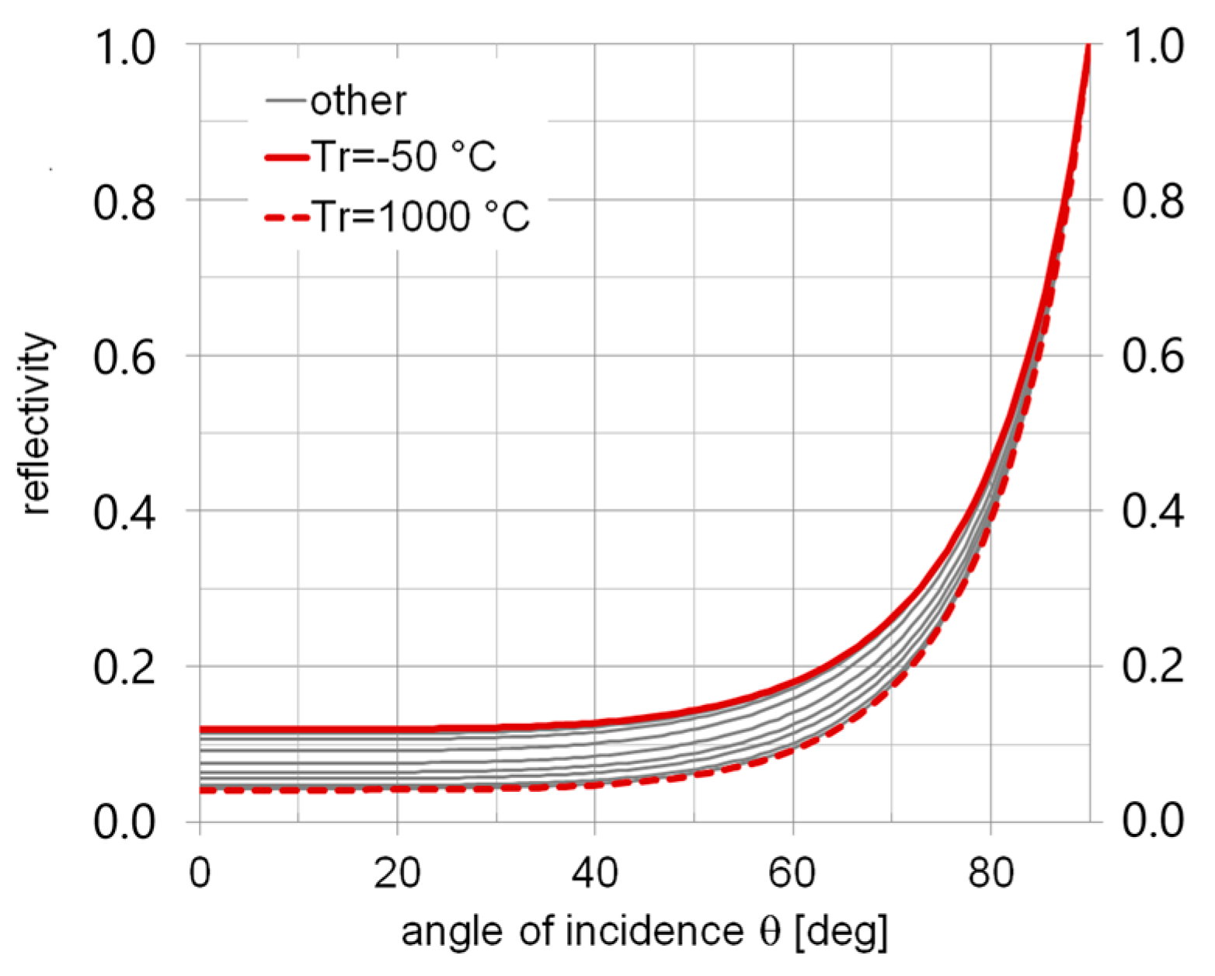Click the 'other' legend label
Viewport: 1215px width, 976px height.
357,101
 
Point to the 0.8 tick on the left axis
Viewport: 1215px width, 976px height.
124,202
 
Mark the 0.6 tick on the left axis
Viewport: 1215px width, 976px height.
124,357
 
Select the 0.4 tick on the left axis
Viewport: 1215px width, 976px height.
124,512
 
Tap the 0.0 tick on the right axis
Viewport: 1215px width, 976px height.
1153,821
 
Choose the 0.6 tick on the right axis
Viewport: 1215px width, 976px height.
1153,357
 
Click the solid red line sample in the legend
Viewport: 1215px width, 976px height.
287,158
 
